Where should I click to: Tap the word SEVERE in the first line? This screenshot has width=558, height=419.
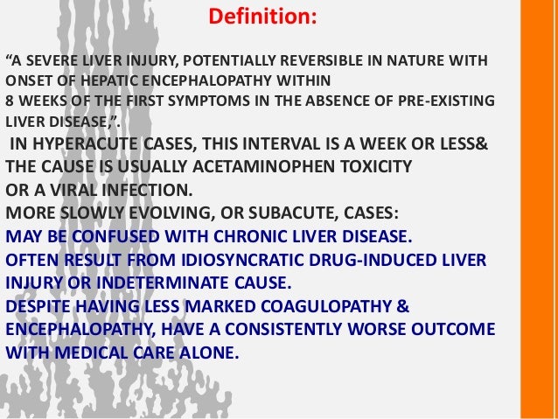tap(54, 61)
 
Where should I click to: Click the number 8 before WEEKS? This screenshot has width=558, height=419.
tap(10, 100)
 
